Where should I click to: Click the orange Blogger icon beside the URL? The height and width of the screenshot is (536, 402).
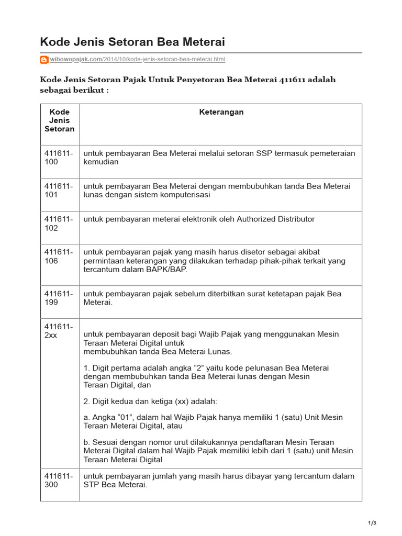tap(44, 60)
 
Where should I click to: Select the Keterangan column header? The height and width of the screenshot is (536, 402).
tap(221, 112)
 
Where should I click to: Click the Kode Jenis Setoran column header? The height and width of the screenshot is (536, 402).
tap(60, 120)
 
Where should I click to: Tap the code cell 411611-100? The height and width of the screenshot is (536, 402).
tap(59, 157)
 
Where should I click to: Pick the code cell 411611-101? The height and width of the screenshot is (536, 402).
tap(59, 191)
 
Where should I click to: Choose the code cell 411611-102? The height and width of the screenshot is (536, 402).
tap(59, 224)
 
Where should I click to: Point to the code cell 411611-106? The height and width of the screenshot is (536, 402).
tap(59, 256)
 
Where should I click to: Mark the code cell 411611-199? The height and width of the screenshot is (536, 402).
tap(59, 298)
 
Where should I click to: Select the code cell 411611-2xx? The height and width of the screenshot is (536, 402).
tap(59, 330)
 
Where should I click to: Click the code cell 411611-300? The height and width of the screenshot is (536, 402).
tap(59, 480)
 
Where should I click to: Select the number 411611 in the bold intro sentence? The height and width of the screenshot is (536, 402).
tap(294, 80)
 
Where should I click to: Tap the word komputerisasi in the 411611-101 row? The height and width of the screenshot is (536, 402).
tap(179, 195)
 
